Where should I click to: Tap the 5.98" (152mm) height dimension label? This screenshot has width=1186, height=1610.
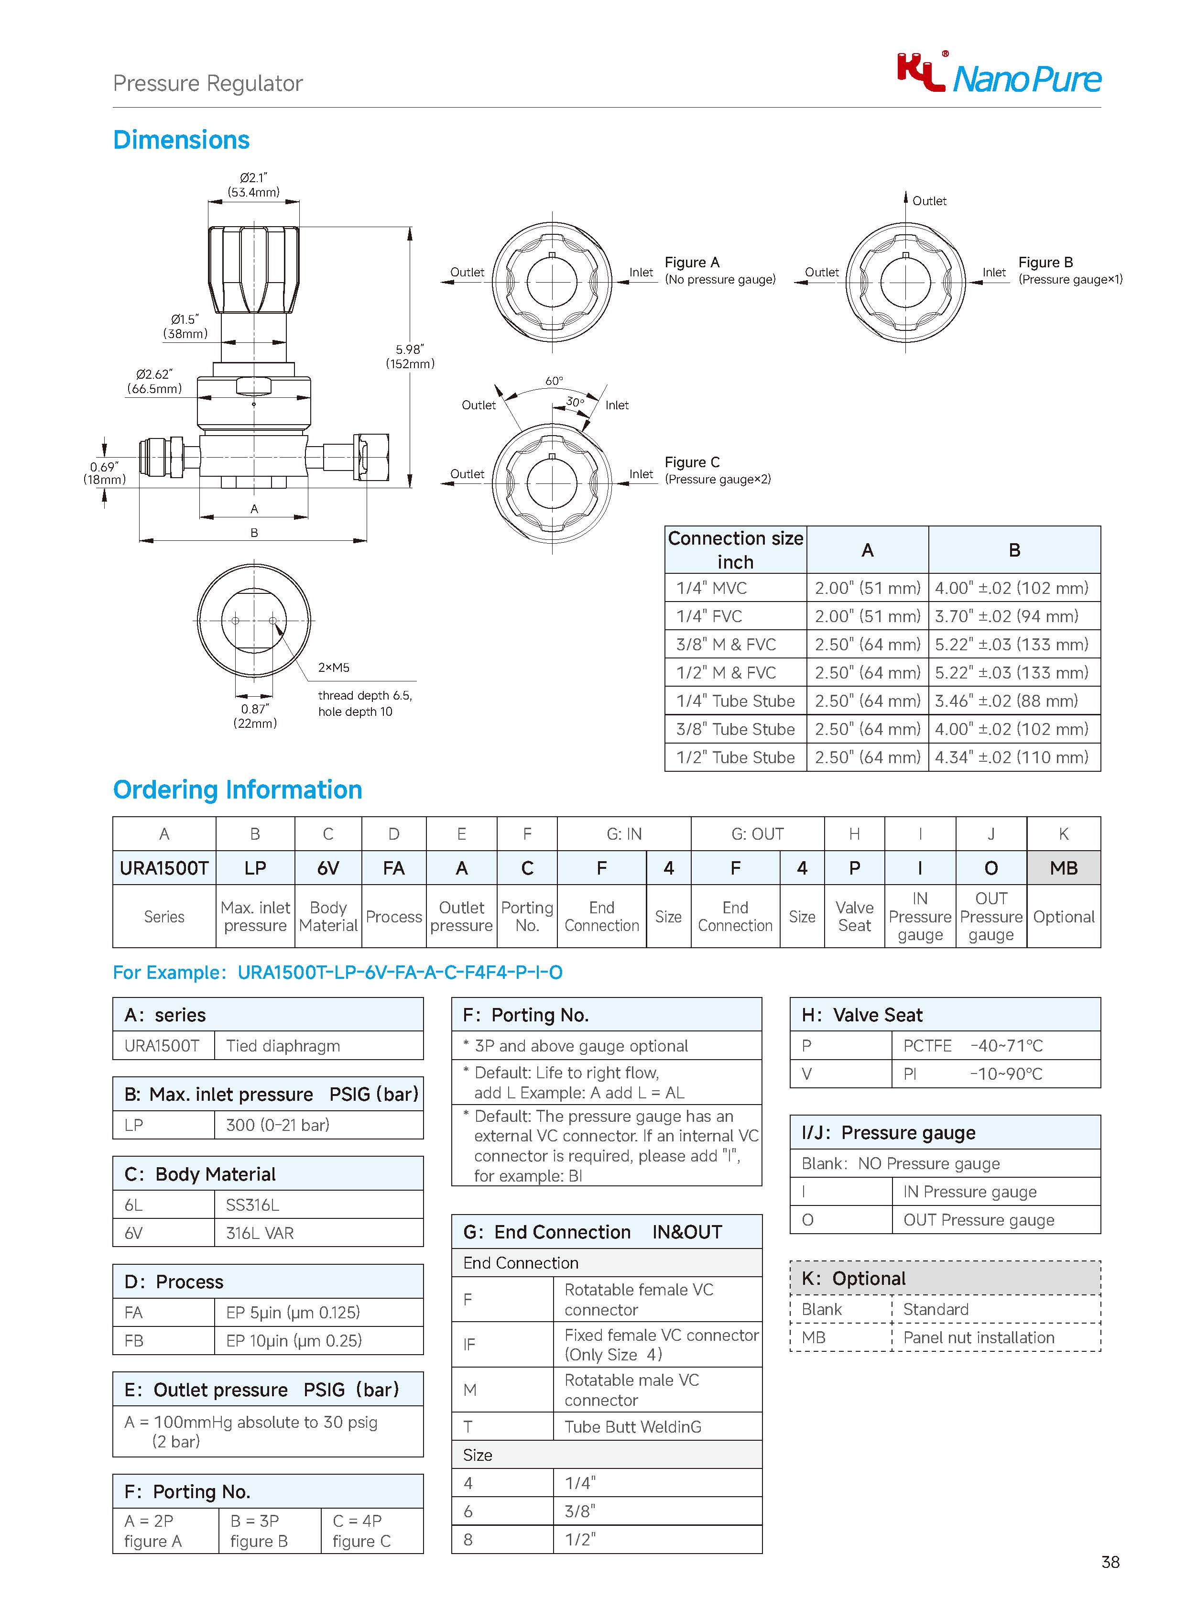click(410, 357)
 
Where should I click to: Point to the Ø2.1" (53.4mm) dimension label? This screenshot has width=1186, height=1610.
click(253, 185)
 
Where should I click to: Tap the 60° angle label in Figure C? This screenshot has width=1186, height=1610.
click(554, 381)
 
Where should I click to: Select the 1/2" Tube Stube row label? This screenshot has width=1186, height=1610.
click(735, 757)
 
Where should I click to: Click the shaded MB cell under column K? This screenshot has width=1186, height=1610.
click(1063, 868)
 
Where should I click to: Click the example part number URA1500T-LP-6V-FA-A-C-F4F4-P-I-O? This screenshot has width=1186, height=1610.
click(400, 972)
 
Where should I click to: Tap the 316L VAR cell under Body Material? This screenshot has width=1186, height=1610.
click(260, 1233)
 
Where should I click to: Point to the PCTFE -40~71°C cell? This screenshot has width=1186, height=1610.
click(973, 1046)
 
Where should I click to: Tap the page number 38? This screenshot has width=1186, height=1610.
click(1110, 1562)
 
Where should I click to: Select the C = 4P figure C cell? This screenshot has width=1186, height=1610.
click(362, 1530)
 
